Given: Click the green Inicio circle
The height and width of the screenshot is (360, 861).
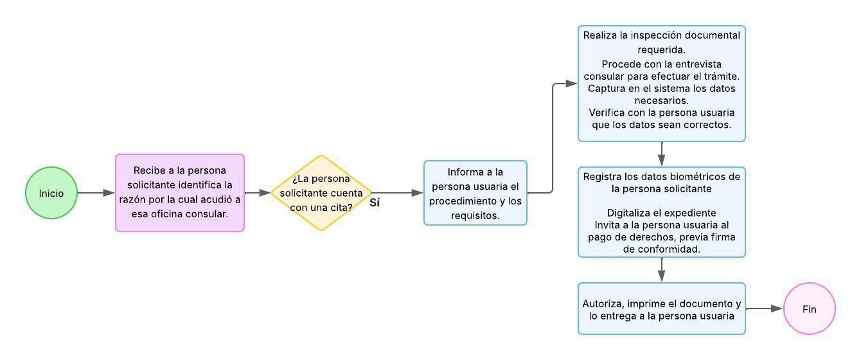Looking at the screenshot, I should pyautogui.click(x=51, y=193).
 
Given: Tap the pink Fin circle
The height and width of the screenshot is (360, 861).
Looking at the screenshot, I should pyautogui.click(x=809, y=309).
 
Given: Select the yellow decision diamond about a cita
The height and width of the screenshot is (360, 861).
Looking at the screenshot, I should pyautogui.click(x=321, y=193).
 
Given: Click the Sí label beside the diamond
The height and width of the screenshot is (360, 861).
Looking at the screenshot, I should pyautogui.click(x=375, y=203).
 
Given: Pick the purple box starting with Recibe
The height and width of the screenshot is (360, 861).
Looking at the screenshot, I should pyautogui.click(x=180, y=193).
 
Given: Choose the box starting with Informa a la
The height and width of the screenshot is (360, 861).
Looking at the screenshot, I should pyautogui.click(x=475, y=193).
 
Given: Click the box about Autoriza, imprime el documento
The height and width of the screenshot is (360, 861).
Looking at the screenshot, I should pyautogui.click(x=662, y=309).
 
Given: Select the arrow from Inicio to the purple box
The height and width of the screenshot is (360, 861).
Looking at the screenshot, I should pyautogui.click(x=96, y=193).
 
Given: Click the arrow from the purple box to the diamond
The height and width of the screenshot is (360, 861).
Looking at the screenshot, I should pyautogui.click(x=258, y=193).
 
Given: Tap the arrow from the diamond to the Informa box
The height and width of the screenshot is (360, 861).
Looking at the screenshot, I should pyautogui.click(x=398, y=193).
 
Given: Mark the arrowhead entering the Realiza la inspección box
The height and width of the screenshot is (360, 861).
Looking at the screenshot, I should pyautogui.click(x=571, y=84).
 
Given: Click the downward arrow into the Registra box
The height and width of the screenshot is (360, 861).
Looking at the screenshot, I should pyautogui.click(x=662, y=154).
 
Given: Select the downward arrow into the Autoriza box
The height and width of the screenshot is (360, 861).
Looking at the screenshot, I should pyautogui.click(x=662, y=270).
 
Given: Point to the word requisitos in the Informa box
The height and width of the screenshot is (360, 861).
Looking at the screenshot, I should pyautogui.click(x=475, y=216).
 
